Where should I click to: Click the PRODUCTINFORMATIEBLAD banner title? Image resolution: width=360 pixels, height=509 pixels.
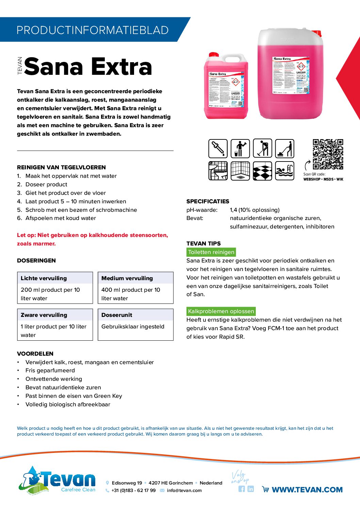pyautogui.click(x=92, y=30)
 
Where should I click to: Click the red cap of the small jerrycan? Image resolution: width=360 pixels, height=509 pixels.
pyautogui.click(x=214, y=54)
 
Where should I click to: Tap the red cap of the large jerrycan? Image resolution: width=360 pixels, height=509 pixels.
pyautogui.click(x=316, y=33)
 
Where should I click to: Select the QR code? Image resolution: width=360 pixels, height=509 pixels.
pyautogui.click(x=328, y=154)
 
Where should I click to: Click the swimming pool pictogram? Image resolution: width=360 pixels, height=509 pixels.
pyautogui.click(x=284, y=171)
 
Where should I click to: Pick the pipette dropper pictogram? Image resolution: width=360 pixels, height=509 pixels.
pyautogui.click(x=218, y=149)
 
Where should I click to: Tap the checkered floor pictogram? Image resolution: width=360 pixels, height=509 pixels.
pyautogui.click(x=262, y=171)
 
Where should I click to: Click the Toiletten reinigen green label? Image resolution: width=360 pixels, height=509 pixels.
pyautogui.click(x=211, y=252)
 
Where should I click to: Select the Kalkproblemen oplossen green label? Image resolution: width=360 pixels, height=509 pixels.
pyautogui.click(x=221, y=311)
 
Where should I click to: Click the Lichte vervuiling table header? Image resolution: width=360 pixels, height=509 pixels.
pyautogui.click(x=44, y=278)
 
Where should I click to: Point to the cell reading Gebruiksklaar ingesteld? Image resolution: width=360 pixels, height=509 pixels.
pyautogui.click(x=133, y=326)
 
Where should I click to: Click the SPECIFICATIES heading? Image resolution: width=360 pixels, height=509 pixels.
pyautogui.click(x=208, y=201)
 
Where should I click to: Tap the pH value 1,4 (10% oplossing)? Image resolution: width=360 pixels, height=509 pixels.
pyautogui.click(x=255, y=210)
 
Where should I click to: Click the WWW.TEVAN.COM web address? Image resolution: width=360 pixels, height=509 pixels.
pyautogui.click(x=307, y=490)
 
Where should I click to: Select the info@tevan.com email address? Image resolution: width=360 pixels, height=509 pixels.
pyautogui.click(x=184, y=490)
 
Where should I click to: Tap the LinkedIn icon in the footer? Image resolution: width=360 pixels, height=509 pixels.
pyautogui.click(x=251, y=489)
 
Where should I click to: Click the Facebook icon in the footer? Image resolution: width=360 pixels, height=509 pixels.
pyautogui.click(x=242, y=489)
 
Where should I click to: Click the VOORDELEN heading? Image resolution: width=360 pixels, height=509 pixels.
pyautogui.click(x=35, y=354)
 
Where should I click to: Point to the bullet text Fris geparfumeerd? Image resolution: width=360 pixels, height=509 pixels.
pyautogui.click(x=50, y=370)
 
